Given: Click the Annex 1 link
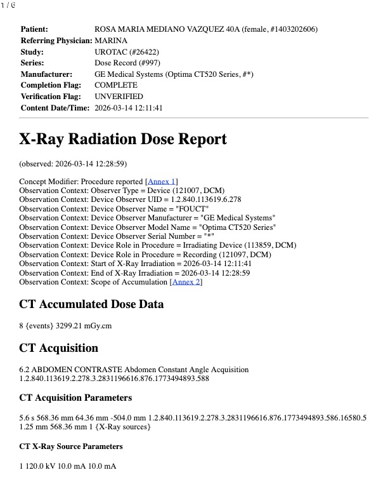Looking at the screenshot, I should point(162,182).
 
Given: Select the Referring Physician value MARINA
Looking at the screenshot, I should point(110,41).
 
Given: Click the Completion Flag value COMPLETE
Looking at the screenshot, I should point(116,85).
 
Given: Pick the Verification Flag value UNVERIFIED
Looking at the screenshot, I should point(119,97).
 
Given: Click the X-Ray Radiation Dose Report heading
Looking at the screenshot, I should point(123,139).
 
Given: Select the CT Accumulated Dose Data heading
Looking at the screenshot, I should point(92,305).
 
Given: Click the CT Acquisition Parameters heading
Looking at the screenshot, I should point(75,398).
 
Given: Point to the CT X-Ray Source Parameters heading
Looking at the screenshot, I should point(71,446).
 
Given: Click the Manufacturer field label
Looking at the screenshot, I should point(46,74).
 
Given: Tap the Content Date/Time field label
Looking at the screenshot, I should point(55,108).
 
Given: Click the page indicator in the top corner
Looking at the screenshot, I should point(8,5).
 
